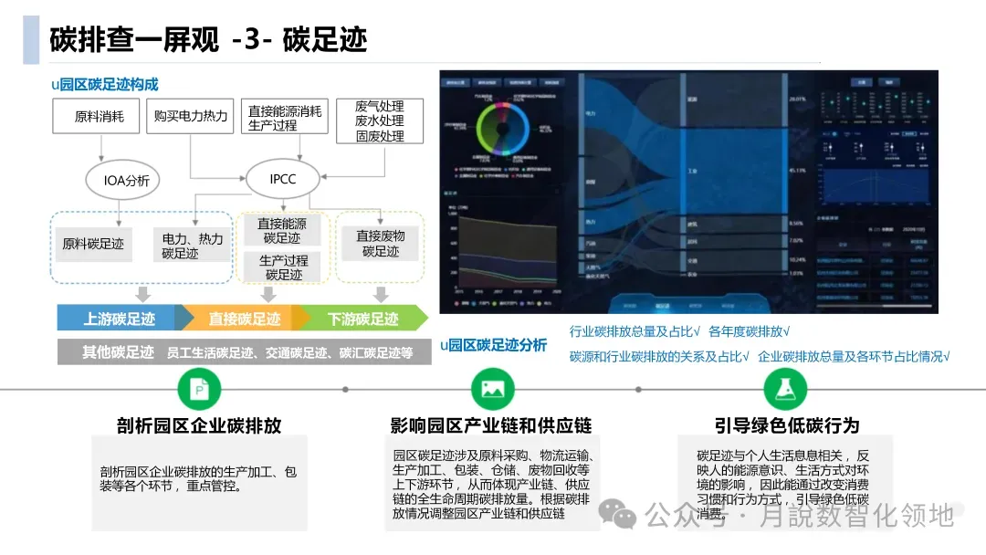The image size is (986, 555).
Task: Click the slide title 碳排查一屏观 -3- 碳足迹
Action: click(x=208, y=40)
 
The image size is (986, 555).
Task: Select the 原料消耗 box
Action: click(x=107, y=117)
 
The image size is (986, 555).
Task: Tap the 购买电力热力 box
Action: click(x=191, y=117)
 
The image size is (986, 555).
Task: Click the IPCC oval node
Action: click(x=283, y=179)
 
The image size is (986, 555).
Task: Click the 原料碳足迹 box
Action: click(x=92, y=245)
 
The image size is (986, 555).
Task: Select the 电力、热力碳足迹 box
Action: click(x=193, y=246)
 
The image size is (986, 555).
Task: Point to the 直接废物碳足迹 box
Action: click(x=380, y=243)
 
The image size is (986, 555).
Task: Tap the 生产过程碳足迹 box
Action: click(x=283, y=267)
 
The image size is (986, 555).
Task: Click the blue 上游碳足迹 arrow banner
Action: click(x=119, y=319)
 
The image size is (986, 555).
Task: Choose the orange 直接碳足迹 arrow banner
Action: click(x=244, y=319)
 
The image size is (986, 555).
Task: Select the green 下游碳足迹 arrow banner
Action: click(x=363, y=319)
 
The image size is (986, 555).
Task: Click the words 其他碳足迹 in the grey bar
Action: click(x=118, y=352)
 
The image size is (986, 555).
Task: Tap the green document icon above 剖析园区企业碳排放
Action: click(x=198, y=390)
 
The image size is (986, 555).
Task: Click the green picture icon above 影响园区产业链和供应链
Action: click(x=492, y=390)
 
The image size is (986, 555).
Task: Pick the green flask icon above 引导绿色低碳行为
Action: click(x=785, y=390)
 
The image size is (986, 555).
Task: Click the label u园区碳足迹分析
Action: click(x=493, y=345)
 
